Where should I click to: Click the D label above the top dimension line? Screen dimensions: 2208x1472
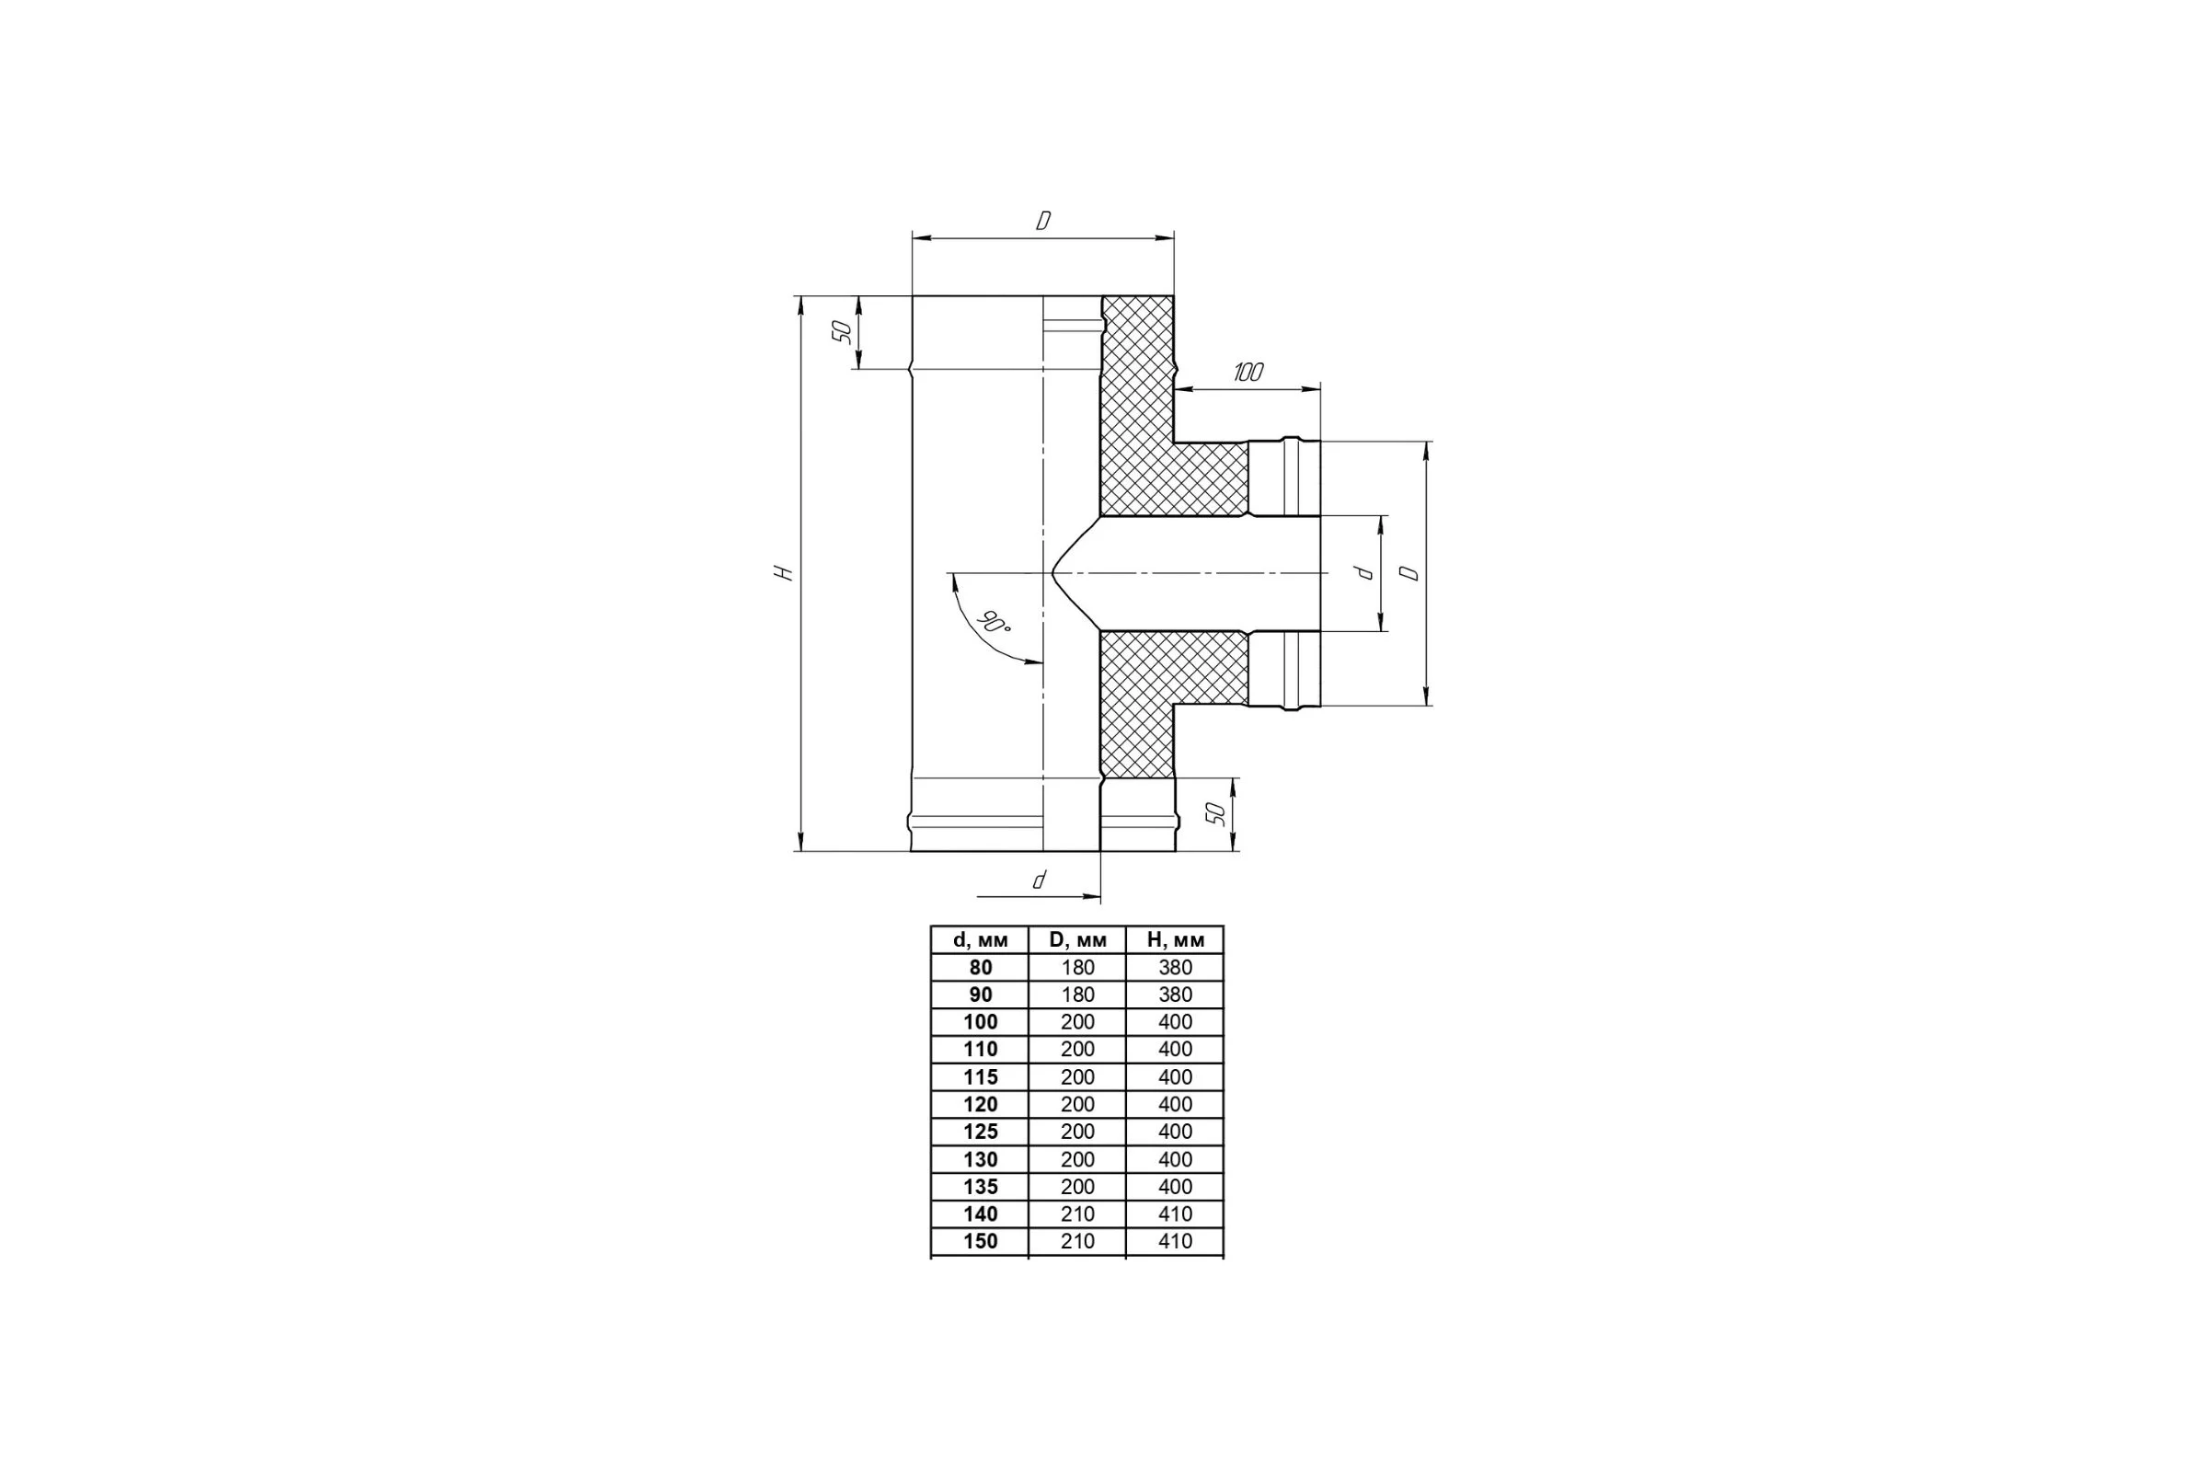(x=1043, y=221)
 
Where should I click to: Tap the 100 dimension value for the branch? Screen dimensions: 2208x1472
(x=1248, y=372)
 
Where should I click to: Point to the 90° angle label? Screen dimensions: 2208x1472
(x=993, y=622)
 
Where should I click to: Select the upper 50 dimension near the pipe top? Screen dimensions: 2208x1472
(x=843, y=331)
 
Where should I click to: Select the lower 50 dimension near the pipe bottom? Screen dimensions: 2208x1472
(x=1216, y=813)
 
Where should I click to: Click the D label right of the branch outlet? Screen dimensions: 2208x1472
(x=1409, y=572)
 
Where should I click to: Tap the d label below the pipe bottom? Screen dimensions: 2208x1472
(x=1040, y=880)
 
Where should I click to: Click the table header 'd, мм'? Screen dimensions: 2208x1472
(x=980, y=939)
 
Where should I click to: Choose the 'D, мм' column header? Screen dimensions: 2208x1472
(x=1077, y=939)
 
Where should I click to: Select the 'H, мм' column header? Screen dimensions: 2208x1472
(x=1176, y=939)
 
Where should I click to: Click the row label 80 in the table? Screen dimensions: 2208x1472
(x=980, y=967)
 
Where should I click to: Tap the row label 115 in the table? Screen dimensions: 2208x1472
(x=980, y=1076)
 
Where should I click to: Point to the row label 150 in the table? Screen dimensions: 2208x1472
(x=980, y=1241)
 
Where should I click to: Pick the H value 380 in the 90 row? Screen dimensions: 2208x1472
(x=1176, y=995)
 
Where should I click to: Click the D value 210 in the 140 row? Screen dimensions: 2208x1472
(x=1077, y=1213)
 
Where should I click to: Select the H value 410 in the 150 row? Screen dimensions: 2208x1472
(x=1176, y=1241)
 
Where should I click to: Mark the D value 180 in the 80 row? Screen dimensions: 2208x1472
(x=1077, y=967)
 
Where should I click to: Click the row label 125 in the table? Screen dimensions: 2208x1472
(x=980, y=1132)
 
